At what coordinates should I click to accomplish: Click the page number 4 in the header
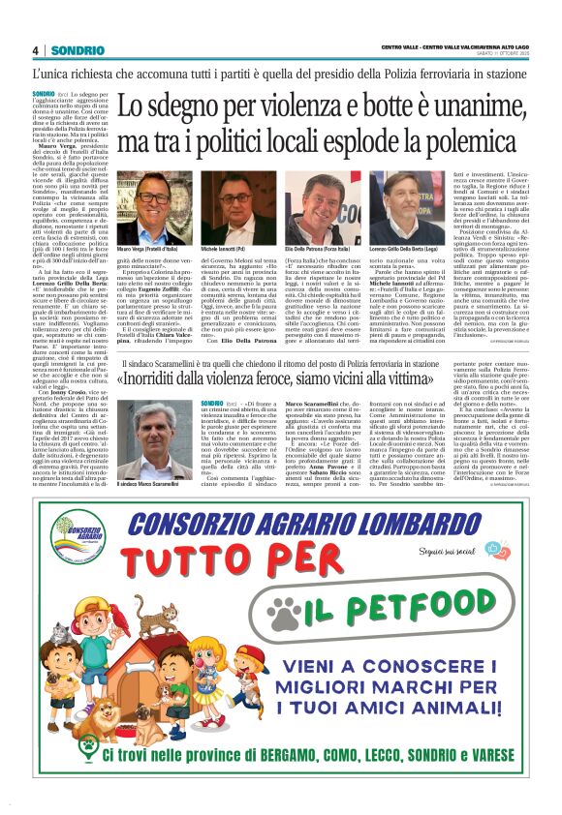(35, 51)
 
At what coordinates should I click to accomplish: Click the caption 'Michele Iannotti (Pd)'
(228, 250)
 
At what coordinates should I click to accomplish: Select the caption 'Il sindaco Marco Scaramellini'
(138, 484)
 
